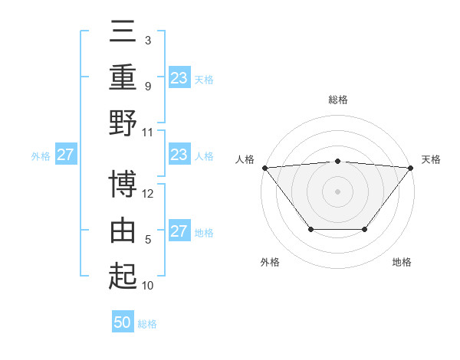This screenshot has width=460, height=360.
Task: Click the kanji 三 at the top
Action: click(x=123, y=33)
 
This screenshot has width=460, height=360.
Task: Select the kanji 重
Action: click(x=123, y=77)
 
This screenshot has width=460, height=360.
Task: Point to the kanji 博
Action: click(x=123, y=185)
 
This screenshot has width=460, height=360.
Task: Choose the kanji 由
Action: click(x=123, y=231)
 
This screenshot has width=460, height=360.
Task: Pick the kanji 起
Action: click(x=123, y=276)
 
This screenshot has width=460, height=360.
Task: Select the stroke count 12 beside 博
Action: click(x=148, y=194)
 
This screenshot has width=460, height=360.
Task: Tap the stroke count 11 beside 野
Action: click(x=148, y=132)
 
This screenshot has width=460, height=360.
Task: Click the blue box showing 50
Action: click(x=123, y=322)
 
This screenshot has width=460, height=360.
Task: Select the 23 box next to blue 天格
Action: click(x=179, y=77)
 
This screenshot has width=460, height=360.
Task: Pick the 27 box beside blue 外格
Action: click(x=65, y=155)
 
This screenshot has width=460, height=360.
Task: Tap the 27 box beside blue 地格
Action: click(x=179, y=231)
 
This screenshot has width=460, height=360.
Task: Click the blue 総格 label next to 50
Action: click(x=147, y=324)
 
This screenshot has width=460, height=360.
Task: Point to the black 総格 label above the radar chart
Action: click(x=337, y=100)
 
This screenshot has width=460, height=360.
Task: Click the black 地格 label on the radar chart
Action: click(x=402, y=262)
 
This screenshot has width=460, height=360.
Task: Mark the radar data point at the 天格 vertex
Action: click(x=411, y=168)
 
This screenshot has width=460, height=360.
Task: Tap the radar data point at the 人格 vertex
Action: click(x=264, y=168)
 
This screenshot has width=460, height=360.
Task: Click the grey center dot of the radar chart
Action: click(x=337, y=191)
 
